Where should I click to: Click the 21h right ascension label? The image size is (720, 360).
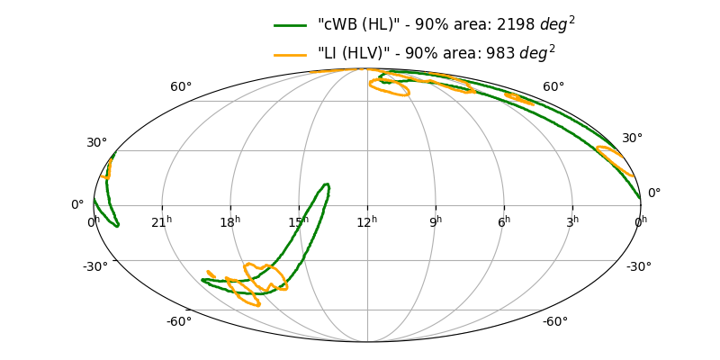coord(162,221)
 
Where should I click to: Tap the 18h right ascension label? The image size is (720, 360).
coord(231,221)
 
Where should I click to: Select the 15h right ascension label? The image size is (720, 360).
coord(299,221)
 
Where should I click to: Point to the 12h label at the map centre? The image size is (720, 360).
coord(367,221)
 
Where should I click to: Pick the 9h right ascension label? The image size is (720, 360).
coord(436,221)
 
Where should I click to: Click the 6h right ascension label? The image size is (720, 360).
coord(504,221)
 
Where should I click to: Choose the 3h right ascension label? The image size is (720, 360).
coord(572,221)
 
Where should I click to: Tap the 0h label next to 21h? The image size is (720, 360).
coord(94,221)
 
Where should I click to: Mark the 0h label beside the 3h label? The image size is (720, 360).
coord(640,221)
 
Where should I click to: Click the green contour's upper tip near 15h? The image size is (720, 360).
coord(326,185)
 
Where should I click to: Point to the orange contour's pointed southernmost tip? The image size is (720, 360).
coord(258,305)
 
